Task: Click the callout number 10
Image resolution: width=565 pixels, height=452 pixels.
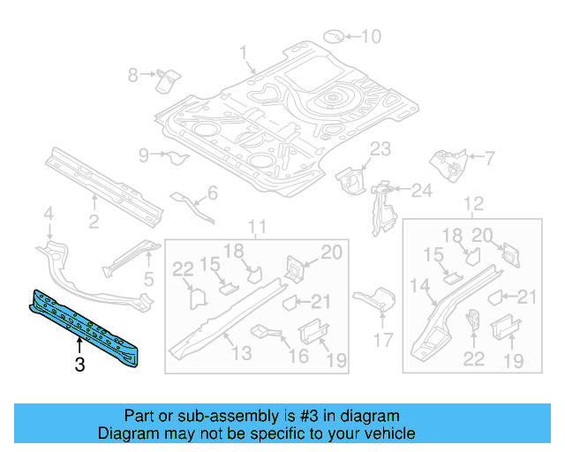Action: (x=372, y=36)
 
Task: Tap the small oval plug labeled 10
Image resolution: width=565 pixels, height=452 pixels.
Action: (x=335, y=36)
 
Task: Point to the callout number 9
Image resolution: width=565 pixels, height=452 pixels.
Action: (x=144, y=156)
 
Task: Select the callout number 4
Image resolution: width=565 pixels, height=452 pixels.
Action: (x=49, y=213)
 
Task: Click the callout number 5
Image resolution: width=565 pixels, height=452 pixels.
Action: (x=148, y=281)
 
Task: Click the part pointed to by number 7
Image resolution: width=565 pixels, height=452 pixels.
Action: (x=448, y=164)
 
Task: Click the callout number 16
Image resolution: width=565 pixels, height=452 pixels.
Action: (x=298, y=355)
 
